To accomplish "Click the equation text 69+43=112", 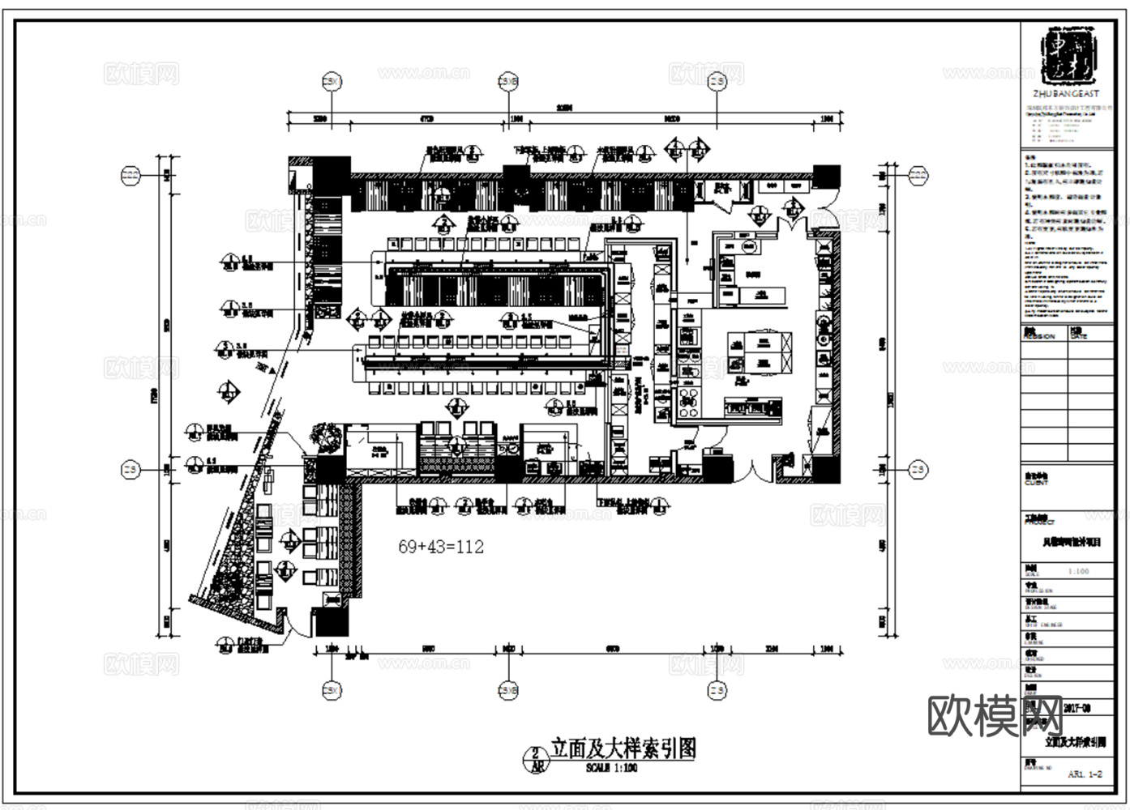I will (441, 547).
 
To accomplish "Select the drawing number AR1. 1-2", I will (1085, 774).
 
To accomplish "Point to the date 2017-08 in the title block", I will (1076, 708).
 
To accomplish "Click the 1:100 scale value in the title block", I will (1078, 571).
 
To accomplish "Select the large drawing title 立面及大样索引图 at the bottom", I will (623, 748).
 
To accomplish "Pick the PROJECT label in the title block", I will (1039, 522).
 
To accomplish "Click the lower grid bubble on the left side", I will (130, 469).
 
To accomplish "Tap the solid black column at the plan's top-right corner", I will (827, 175).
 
